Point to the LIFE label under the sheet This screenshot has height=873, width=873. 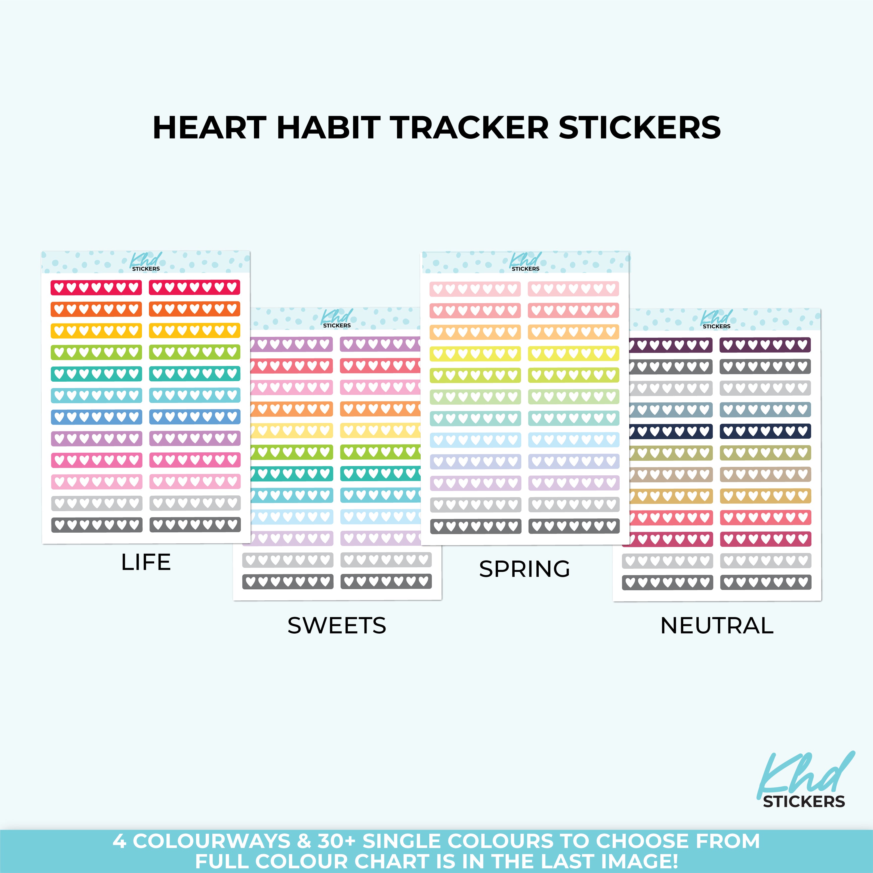point(146,562)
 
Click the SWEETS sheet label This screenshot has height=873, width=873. point(337,625)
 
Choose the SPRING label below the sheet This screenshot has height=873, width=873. point(524,569)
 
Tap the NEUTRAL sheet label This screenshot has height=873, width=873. point(717,625)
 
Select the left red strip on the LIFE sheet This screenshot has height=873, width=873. point(96,287)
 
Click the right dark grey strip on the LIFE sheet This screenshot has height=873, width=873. point(195,524)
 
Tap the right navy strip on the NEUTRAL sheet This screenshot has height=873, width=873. point(765,431)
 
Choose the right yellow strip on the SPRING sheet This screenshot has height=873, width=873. point(573,353)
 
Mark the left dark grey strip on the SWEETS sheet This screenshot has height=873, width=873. point(288,582)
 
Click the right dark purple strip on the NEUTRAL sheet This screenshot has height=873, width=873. point(765,345)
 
